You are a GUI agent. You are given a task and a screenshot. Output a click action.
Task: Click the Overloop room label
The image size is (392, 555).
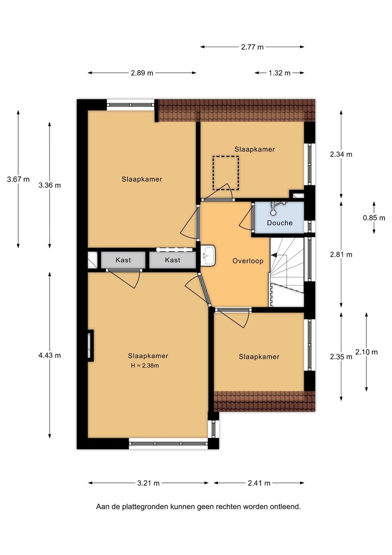point(248,261)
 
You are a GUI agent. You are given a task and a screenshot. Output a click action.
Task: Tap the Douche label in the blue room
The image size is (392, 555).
point(279,223)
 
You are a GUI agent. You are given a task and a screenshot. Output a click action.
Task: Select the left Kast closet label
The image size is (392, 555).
point(123,260)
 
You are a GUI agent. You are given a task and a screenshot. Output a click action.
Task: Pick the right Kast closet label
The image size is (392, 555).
point(172,260)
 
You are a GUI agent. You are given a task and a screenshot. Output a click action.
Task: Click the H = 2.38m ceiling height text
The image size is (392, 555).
point(145,365)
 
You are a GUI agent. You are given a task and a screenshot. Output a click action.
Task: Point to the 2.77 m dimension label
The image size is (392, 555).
point(252,47)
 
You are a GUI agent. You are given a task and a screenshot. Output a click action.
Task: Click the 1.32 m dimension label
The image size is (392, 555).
point(279,73)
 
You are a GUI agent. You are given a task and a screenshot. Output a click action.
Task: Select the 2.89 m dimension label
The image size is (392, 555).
point(142,73)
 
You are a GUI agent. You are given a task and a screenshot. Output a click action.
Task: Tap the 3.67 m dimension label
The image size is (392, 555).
point(18,179)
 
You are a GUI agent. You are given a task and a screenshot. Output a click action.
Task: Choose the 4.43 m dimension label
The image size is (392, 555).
point(49,355)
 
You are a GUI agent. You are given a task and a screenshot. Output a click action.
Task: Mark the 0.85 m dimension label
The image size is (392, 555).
point(374,218)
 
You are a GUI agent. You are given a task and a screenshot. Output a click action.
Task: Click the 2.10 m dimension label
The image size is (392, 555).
point(367,352)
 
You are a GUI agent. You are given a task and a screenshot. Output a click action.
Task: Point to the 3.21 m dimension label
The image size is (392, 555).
point(148,483)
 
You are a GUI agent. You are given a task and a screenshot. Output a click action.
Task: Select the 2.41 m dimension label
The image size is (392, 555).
point(259,483)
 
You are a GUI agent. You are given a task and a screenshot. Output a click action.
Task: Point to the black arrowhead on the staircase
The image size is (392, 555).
point(274,255)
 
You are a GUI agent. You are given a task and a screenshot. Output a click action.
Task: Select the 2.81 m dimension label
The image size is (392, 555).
point(341,254)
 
